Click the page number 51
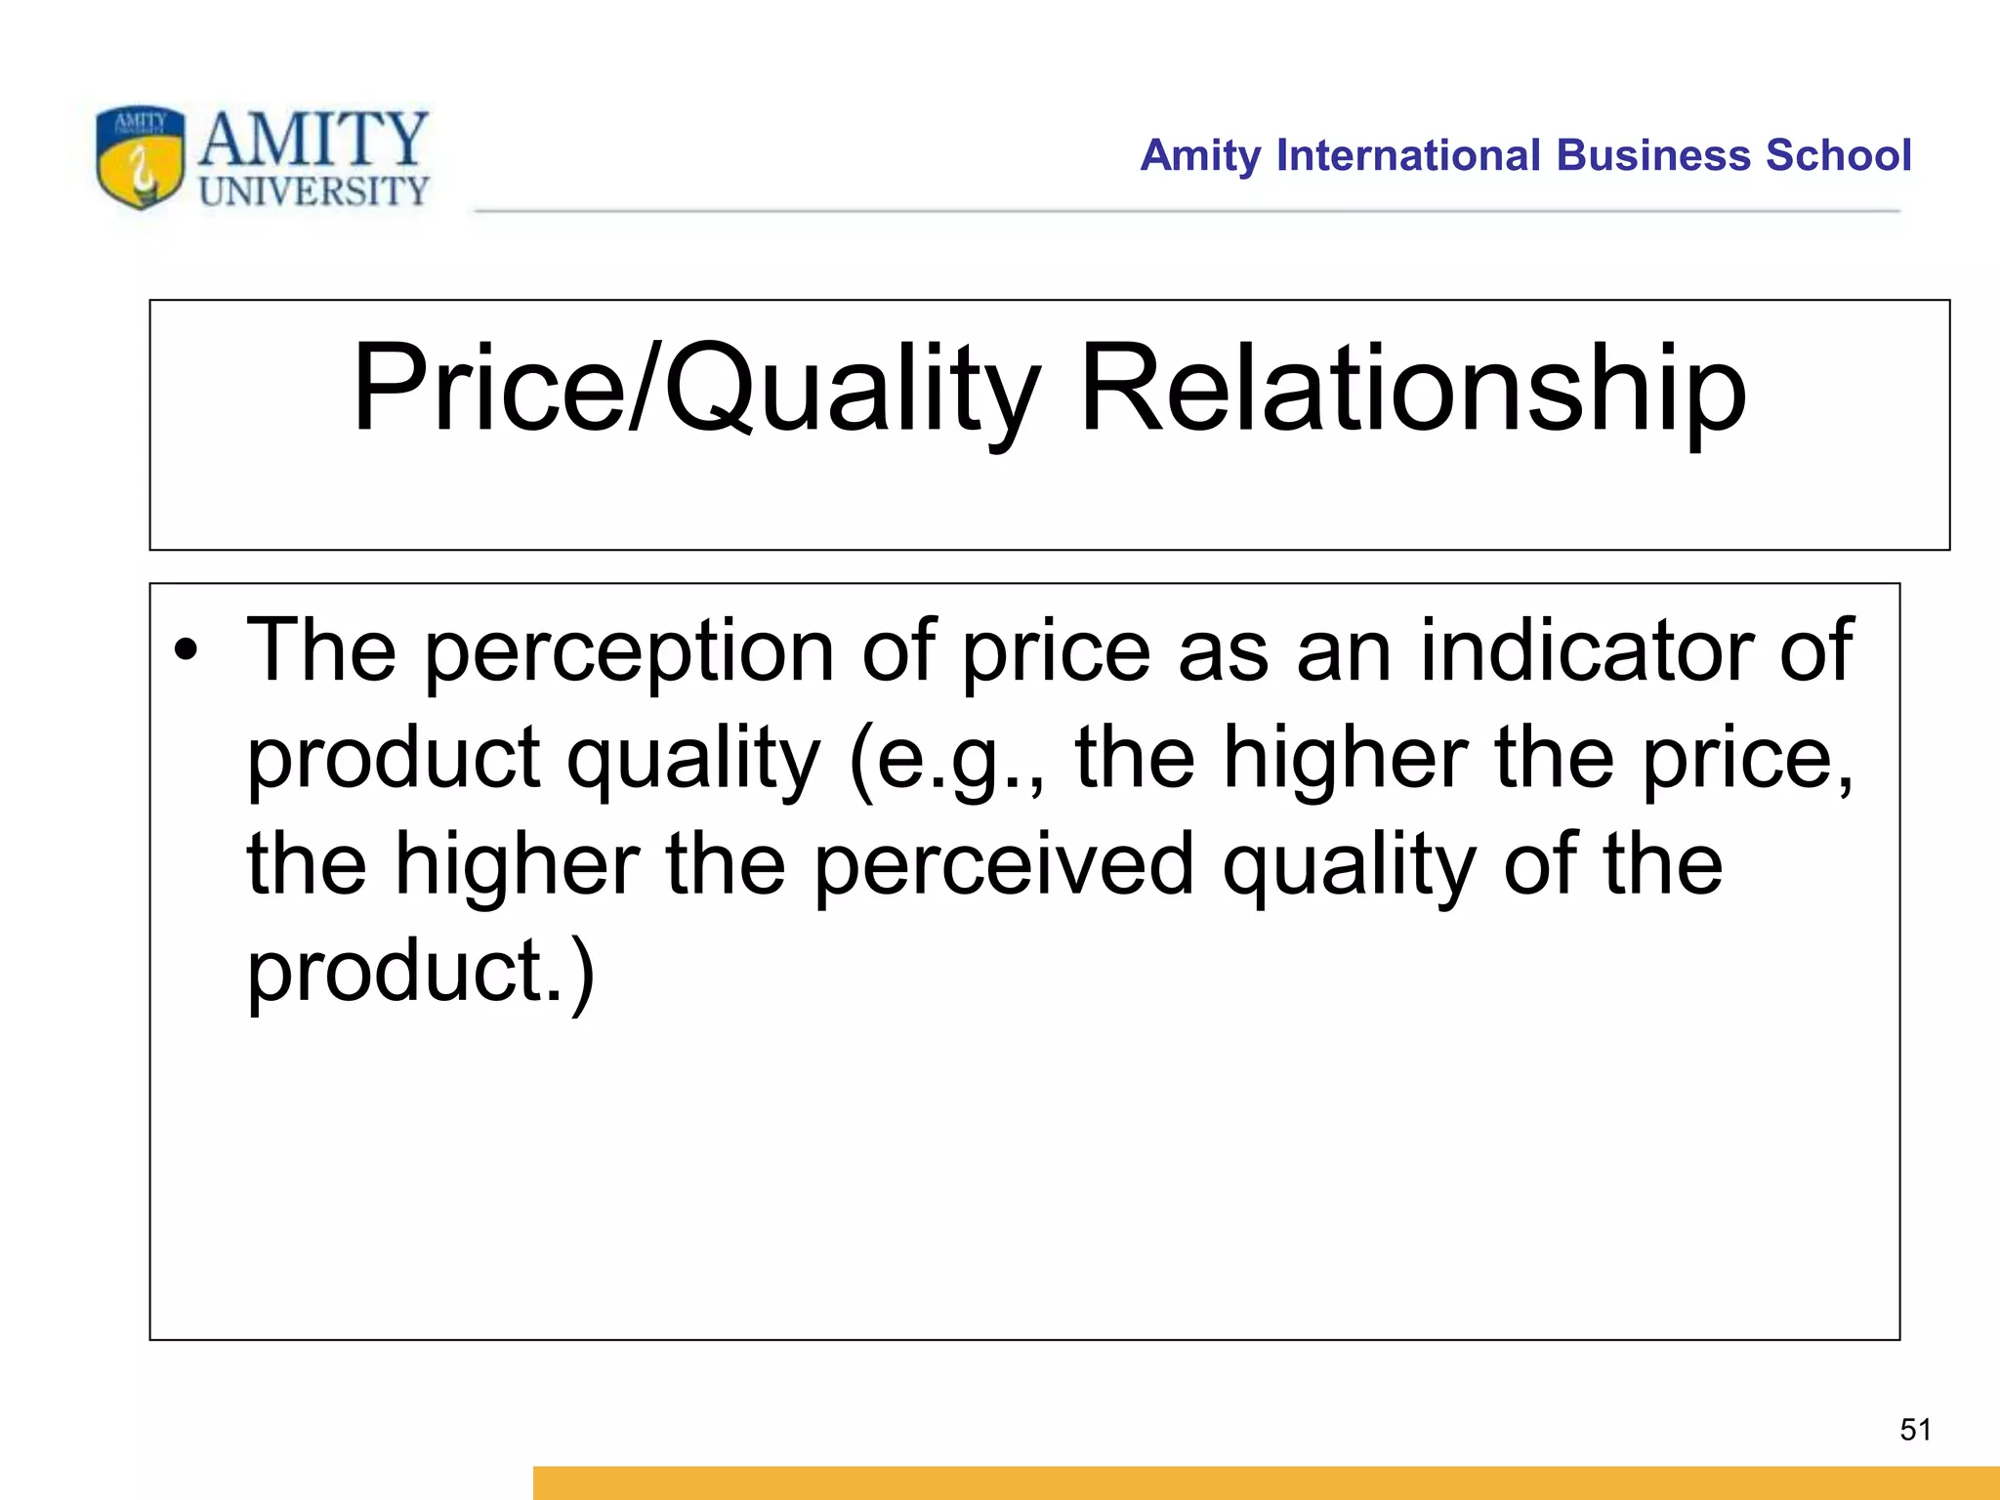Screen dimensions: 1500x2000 (x=1915, y=1430)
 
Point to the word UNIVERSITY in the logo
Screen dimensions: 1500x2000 (x=313, y=190)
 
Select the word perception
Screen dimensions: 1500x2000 (x=628, y=652)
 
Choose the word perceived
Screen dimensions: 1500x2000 (x=1004, y=865)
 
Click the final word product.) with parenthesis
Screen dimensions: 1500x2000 (x=420, y=973)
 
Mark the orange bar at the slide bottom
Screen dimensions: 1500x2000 (x=1266, y=1482)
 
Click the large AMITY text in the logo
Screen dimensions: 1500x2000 (x=313, y=139)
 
